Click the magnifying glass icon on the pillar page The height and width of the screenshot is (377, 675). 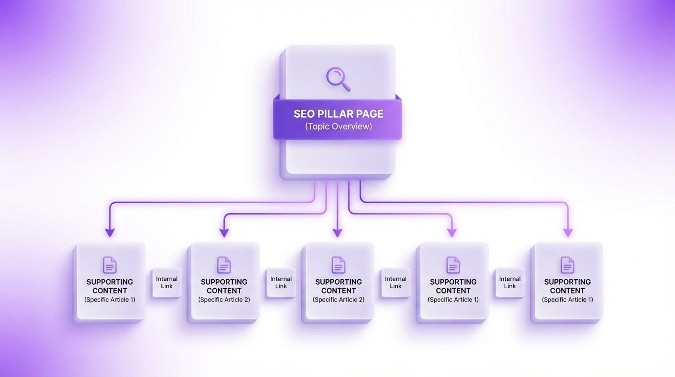point(338,79)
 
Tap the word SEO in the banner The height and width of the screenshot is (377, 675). point(304,114)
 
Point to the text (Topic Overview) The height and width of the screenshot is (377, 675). point(338,127)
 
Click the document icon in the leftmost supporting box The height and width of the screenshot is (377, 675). point(110,265)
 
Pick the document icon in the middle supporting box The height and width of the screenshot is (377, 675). point(338,265)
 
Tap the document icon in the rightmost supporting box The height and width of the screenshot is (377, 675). point(568,265)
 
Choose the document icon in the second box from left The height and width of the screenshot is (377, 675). point(224,265)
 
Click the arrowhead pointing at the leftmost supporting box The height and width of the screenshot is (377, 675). point(110,232)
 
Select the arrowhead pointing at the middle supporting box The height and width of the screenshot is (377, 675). point(337,232)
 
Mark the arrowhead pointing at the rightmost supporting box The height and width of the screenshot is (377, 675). point(568,232)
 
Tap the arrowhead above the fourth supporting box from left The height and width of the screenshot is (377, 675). point(452,232)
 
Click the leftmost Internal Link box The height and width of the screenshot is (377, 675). point(167,283)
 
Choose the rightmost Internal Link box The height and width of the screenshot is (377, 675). point(510,283)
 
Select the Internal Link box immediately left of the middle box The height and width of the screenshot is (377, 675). point(281,283)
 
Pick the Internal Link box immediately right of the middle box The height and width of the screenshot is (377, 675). point(395,283)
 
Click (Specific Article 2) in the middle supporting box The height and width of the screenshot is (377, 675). point(338,299)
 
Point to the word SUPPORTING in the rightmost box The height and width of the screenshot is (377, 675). point(568,282)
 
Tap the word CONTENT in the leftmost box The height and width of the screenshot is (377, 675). point(110,291)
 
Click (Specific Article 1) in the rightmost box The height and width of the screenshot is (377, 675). point(568,299)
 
